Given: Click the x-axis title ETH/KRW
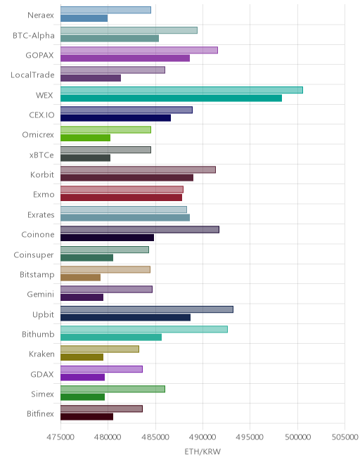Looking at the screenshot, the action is pyautogui.click(x=202, y=451).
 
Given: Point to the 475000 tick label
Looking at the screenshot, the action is pyautogui.click(x=60, y=437).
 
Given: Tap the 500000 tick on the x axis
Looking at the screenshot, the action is pyautogui.click(x=297, y=437).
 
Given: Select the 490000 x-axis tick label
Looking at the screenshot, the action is pyautogui.click(x=202, y=437).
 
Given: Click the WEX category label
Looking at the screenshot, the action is pyautogui.click(x=44, y=96).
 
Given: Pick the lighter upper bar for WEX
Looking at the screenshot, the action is pyautogui.click(x=181, y=90).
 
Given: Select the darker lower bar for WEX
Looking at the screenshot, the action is pyautogui.click(x=171, y=98).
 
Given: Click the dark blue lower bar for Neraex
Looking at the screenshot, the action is pyautogui.click(x=84, y=18).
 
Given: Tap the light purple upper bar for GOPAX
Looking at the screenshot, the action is pyautogui.click(x=139, y=50).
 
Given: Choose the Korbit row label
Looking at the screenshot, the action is pyautogui.click(x=42, y=174).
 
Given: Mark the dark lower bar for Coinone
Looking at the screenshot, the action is pyautogui.click(x=107, y=238).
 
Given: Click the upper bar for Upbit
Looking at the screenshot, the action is pyautogui.click(x=147, y=309).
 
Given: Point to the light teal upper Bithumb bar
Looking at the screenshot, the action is pyautogui.click(x=144, y=329).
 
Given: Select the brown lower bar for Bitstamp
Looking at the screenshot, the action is pyautogui.click(x=81, y=277).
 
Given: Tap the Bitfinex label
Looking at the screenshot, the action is pyautogui.click(x=40, y=413).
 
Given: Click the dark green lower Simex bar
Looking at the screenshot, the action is pyautogui.click(x=82, y=397).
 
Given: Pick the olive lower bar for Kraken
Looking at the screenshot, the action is pyautogui.click(x=82, y=357).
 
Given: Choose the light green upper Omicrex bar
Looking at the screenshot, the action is pyautogui.click(x=105, y=129).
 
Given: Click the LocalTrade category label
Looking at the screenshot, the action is pyautogui.click(x=32, y=75).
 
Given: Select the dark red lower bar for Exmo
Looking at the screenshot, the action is pyautogui.click(x=122, y=198).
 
